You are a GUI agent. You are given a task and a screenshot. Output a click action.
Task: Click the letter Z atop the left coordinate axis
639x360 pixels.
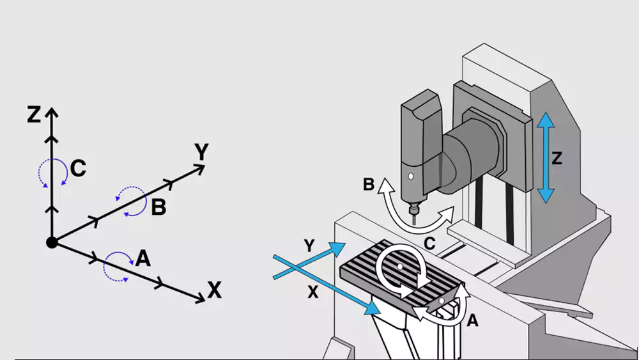pyautogui.click(x=34, y=114)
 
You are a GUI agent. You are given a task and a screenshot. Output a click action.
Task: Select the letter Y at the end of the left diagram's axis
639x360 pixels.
pyautogui.click(x=202, y=152)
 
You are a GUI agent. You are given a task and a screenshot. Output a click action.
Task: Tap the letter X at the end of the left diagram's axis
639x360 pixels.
pyautogui.click(x=214, y=292)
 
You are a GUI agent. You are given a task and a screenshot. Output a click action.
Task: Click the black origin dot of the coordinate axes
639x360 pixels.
pyautogui.click(x=52, y=242)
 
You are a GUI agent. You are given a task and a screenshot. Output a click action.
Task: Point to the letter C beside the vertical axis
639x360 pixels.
pyautogui.click(x=79, y=169)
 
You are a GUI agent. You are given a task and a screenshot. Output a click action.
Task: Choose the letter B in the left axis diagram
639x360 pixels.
pyautogui.click(x=159, y=208)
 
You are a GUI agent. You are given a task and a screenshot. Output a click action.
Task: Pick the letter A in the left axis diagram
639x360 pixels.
pyautogui.click(x=143, y=258)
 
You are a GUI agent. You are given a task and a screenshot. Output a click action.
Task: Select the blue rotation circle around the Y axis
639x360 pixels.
pyautogui.click(x=130, y=201)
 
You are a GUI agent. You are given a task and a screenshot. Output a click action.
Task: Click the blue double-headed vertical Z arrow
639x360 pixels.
pyautogui.click(x=544, y=157)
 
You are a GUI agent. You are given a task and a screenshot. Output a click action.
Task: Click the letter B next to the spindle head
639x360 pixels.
pyautogui.click(x=369, y=185)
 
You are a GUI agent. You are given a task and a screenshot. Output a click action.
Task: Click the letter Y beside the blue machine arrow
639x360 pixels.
pyautogui.click(x=309, y=244)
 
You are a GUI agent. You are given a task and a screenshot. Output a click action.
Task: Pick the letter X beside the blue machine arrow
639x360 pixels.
pyautogui.click(x=312, y=291)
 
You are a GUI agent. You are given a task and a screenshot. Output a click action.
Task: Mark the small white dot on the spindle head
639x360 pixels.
pyautogui.click(x=411, y=176)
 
